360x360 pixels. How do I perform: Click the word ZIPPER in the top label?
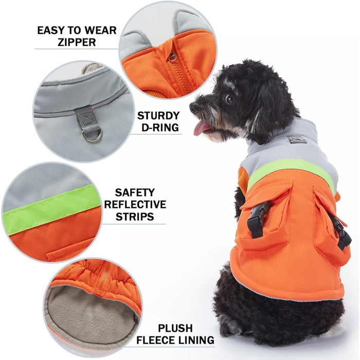pos(77,42)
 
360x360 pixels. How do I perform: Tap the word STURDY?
pos(158,116)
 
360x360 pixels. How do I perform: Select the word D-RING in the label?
pos(160,128)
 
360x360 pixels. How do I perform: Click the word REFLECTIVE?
pos(135,205)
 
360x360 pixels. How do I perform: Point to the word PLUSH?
pos(175,328)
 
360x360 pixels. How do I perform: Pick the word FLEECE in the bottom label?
pos(156,340)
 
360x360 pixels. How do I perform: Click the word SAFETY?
pos(135,193)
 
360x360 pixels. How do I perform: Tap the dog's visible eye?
pos(229,99)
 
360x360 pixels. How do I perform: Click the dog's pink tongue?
pos(200,128)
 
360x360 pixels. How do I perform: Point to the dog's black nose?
pos(193,107)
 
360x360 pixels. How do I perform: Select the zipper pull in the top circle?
pos(172,56)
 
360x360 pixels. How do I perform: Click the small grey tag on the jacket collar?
pos(297,139)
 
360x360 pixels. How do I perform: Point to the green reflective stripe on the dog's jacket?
pos(291,169)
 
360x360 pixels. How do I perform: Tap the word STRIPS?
pos(135,217)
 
